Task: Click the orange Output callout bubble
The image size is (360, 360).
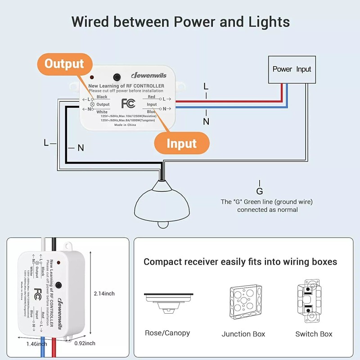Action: click(64, 64)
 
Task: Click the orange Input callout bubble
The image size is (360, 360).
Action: click(182, 144)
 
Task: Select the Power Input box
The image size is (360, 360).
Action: click(292, 69)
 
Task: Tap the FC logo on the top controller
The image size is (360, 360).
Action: click(128, 103)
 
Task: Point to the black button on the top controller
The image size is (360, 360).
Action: click(117, 76)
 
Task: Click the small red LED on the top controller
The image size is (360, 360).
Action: click(92, 77)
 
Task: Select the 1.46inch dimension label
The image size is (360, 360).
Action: click(36, 344)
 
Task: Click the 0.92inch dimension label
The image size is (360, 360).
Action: click(85, 343)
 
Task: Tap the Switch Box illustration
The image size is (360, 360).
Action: click(314, 302)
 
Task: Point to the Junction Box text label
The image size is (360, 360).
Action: click(243, 334)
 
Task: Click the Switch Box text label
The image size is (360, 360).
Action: click(314, 334)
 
